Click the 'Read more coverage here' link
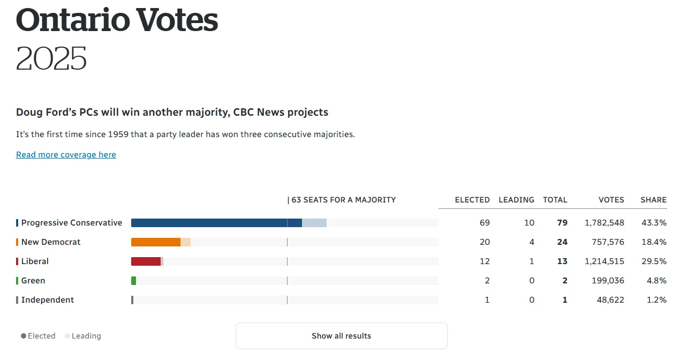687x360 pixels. click(66, 155)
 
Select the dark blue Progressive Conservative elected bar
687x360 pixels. click(214, 223)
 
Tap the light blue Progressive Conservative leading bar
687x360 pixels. click(314, 223)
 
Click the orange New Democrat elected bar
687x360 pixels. click(155, 242)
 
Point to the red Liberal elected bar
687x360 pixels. click(146, 261)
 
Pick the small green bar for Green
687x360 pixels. click(134, 281)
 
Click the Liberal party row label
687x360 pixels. click(35, 261)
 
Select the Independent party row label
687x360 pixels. click(48, 300)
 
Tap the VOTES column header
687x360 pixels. click(611, 200)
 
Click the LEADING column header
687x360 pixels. click(516, 200)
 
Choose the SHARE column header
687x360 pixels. click(653, 200)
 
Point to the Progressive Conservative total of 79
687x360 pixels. click(562, 223)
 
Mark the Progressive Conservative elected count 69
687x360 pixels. click(485, 223)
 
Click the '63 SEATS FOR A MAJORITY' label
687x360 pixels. click(343, 200)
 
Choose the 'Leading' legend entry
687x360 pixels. click(86, 336)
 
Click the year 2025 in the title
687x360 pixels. click(51, 58)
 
